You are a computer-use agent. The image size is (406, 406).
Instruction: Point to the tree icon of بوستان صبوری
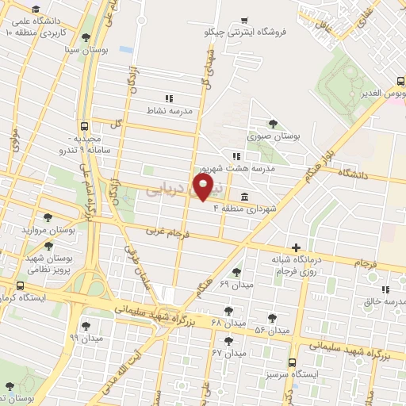pyautogui.click(x=274, y=123)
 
